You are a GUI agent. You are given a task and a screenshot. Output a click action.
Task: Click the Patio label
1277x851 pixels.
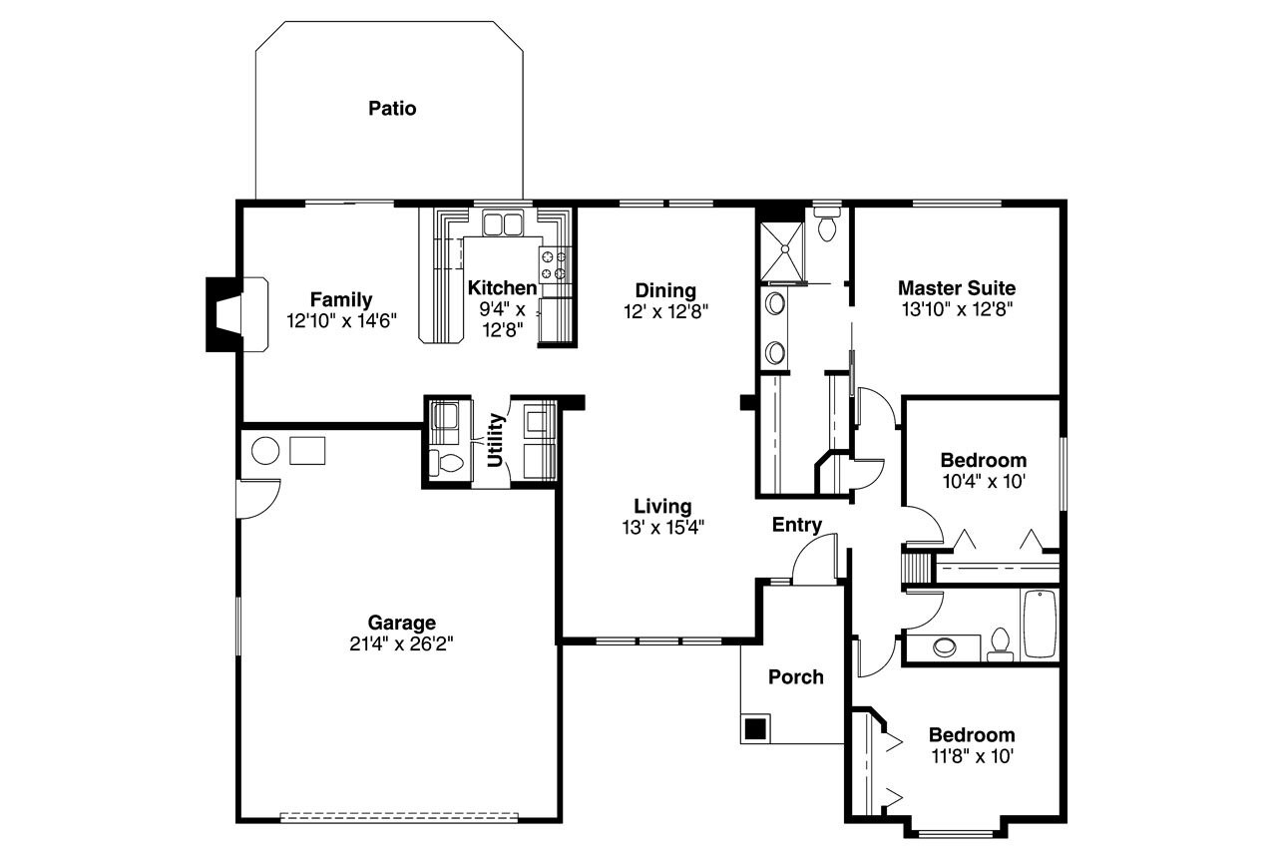point(392,108)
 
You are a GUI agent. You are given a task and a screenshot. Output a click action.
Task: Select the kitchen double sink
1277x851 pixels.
point(503,222)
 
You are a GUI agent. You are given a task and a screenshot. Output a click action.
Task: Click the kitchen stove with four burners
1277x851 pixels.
point(556,264)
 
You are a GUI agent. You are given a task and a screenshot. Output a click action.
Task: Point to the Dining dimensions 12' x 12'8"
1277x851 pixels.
point(665,310)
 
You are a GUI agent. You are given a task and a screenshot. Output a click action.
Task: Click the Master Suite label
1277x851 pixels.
point(956,288)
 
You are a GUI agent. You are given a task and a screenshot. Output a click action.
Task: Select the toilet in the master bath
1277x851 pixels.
point(826,224)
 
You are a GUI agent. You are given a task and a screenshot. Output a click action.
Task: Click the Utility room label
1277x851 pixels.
point(495,440)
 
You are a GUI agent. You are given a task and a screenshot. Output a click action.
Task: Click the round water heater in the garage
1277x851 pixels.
point(265,451)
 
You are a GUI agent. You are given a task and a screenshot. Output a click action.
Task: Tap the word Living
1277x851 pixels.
point(662,506)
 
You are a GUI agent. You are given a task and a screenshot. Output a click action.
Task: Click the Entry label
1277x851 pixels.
point(796,525)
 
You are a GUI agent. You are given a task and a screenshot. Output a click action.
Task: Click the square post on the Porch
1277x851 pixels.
point(756,727)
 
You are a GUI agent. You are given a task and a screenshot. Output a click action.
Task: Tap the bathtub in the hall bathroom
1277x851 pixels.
point(1039,624)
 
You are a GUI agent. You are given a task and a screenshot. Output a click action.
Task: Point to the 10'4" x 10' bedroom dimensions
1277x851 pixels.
point(983,480)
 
